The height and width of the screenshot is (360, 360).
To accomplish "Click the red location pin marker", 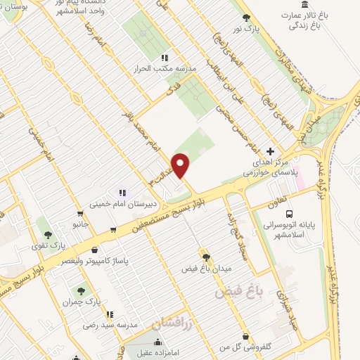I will (x=181, y=165).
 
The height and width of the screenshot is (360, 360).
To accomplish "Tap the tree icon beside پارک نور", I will (x=245, y=18).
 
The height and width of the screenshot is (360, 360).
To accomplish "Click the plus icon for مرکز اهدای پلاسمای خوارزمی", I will (x=271, y=151).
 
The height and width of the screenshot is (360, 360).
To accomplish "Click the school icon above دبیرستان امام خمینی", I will (x=122, y=192).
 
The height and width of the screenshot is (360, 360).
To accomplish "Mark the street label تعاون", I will (x=279, y=203).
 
